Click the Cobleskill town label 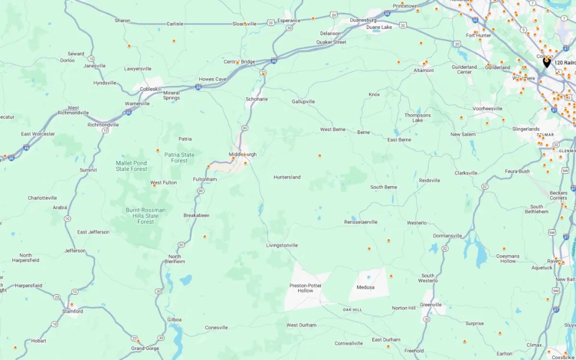tap(150, 89)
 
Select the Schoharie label tap(256, 99)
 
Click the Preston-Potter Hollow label tap(305, 288)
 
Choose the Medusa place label tap(366, 287)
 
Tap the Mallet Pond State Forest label tap(132, 166)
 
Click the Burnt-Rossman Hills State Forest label tap(146, 216)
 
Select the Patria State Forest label tap(179, 157)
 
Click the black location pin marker tap(546, 62)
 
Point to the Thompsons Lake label tap(417, 118)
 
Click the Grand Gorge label tap(145, 348)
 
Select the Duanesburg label tap(363, 20)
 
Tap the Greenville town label tap(431, 304)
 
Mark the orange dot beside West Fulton tap(155, 185)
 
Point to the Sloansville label tap(245, 24)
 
